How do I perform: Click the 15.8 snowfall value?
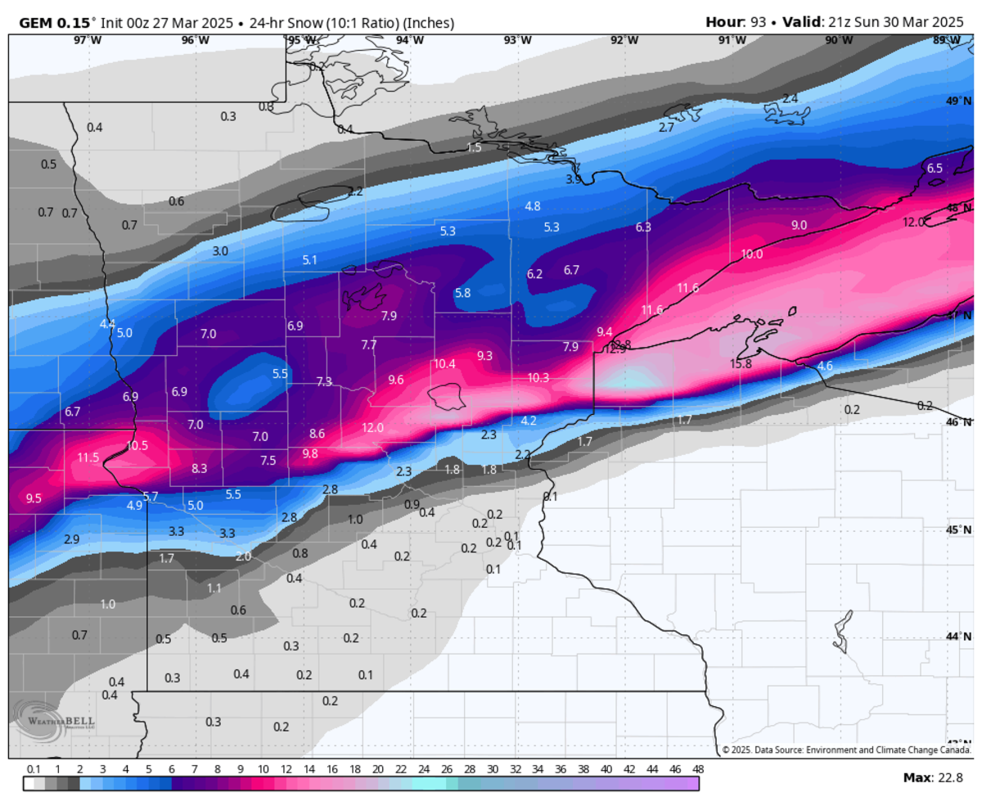pyautogui.click(x=741, y=363)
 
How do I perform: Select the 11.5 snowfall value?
pyautogui.click(x=88, y=457)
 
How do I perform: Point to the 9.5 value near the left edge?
pyautogui.click(x=34, y=498)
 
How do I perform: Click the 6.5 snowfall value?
pyautogui.click(x=935, y=168)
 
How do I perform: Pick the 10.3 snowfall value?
pyautogui.click(x=538, y=377)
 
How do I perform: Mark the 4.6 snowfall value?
pyautogui.click(x=825, y=366)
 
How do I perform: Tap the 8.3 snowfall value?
pyautogui.click(x=199, y=468)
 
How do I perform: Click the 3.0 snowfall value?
pyautogui.click(x=220, y=250)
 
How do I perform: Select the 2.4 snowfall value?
pyautogui.click(x=790, y=98)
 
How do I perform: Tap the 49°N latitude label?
pyautogui.click(x=958, y=101)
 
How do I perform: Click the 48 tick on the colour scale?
pyautogui.click(x=698, y=770)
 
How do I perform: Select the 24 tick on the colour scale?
pyautogui.click(x=423, y=770)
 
